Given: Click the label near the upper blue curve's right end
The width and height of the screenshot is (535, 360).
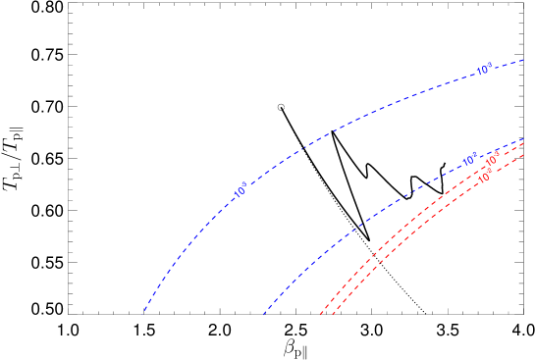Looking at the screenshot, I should click(x=484, y=70).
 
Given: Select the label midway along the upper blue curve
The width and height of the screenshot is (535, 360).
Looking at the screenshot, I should click(x=241, y=191).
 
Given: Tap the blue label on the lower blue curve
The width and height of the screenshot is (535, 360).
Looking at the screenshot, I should click(x=470, y=159).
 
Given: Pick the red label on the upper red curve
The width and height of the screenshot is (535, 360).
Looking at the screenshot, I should click(x=492, y=162).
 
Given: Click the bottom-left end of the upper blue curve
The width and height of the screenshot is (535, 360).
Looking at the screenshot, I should click(x=143, y=313).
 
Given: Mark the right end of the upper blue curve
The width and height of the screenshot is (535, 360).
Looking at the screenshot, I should click(x=524, y=60).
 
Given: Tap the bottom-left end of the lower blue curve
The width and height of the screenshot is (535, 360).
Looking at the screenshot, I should click(x=263, y=316).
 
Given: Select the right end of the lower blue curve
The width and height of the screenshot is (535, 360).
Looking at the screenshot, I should click(x=524, y=139).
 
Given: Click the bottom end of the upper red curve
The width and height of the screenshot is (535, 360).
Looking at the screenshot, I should click(x=320, y=316).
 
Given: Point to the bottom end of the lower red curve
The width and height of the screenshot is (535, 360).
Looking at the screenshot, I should click(x=332, y=316).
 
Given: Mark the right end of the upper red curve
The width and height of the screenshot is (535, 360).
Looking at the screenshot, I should click(x=524, y=145).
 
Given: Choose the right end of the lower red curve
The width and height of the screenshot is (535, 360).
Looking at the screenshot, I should click(x=524, y=154).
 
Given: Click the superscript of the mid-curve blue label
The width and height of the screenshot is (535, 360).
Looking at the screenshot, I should click(x=244, y=185).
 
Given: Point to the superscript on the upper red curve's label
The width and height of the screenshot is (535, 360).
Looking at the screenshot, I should click(x=497, y=157).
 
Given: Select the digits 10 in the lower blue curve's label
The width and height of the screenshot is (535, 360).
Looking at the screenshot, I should click(x=467, y=161).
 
